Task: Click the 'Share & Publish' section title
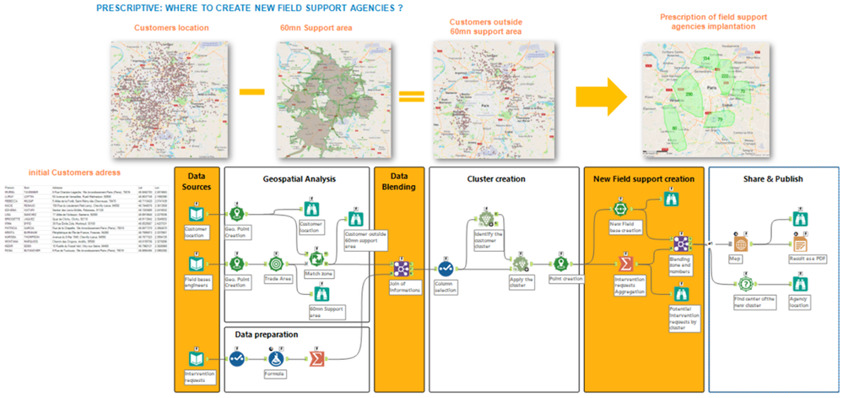tap(774, 179)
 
